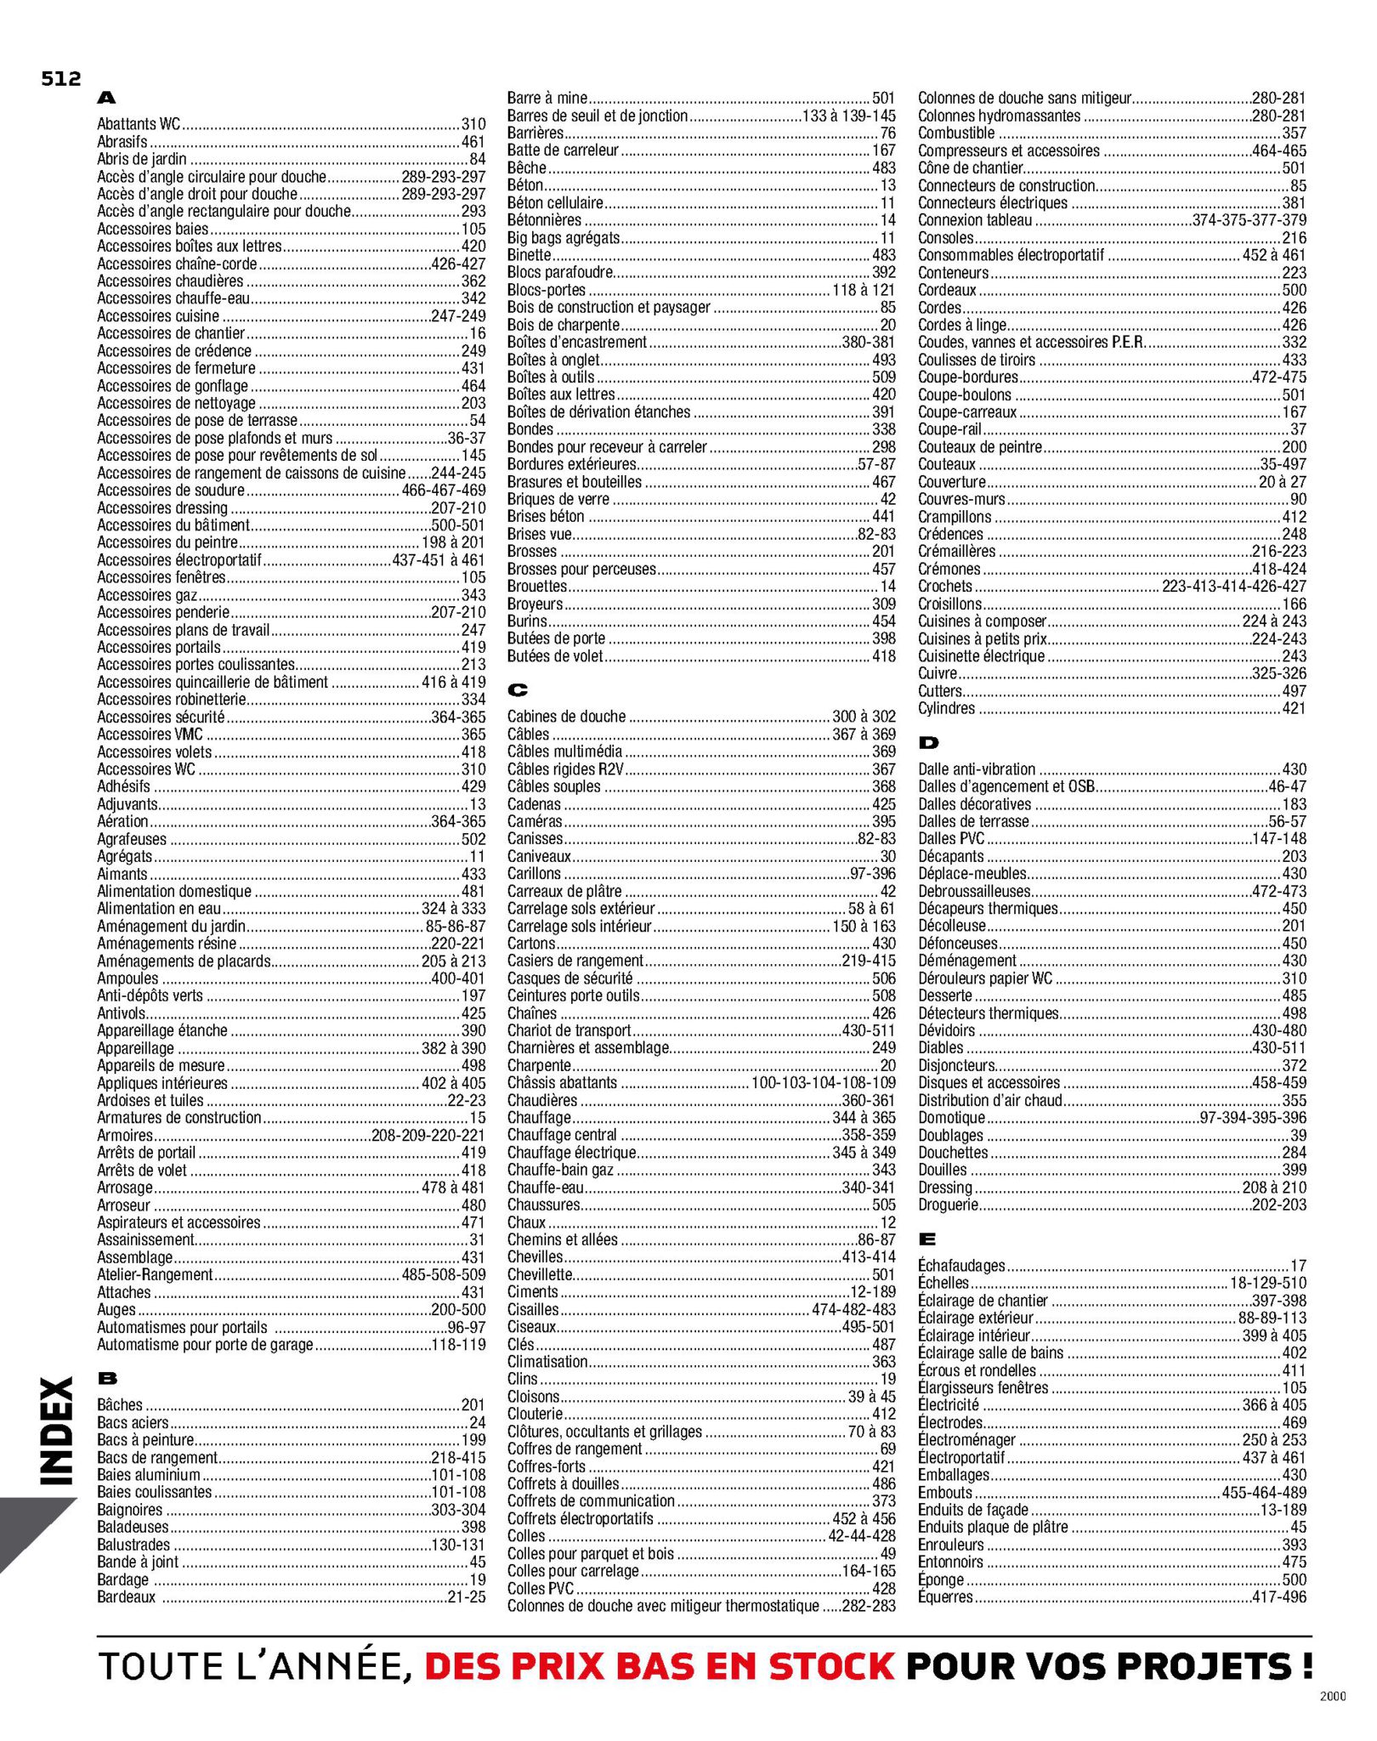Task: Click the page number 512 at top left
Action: tap(60, 79)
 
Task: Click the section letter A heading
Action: tap(106, 99)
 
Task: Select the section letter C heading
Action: tap(517, 690)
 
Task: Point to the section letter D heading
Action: tap(928, 743)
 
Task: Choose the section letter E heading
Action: tap(927, 1239)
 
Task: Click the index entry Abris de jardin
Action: tap(142, 159)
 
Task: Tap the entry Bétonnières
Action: tap(544, 220)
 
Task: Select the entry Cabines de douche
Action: tap(566, 717)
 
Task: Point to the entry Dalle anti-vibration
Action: tap(977, 768)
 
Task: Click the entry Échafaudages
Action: tap(961, 1266)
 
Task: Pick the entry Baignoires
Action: tap(129, 1510)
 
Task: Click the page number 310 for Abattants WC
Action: tap(473, 124)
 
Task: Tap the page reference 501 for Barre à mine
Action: tap(883, 99)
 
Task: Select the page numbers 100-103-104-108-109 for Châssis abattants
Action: tap(823, 1083)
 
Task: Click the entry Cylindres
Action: tap(946, 708)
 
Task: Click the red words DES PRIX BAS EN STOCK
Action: tap(659, 1665)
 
